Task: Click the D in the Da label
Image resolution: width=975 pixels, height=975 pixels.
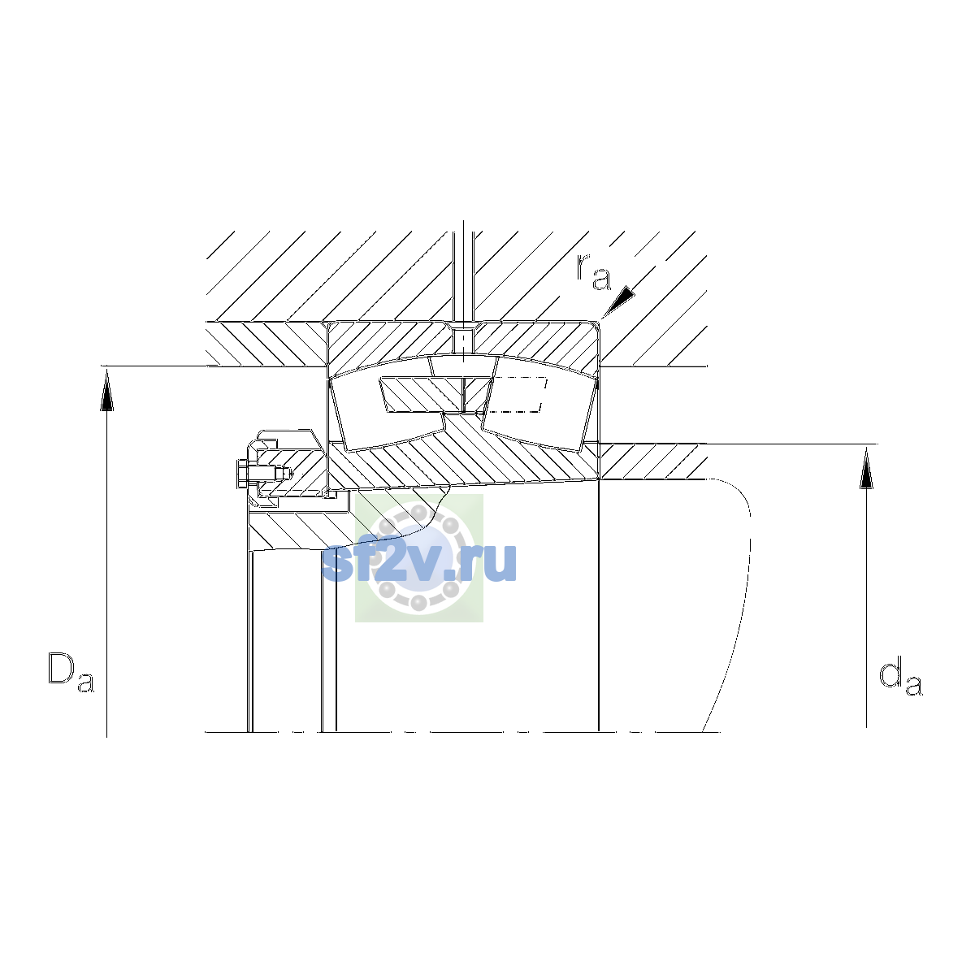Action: [61, 668]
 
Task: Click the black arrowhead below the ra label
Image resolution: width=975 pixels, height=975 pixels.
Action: [618, 301]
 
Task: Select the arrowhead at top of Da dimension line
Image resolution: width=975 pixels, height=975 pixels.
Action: [106, 390]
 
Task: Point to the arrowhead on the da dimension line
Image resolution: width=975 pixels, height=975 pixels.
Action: [866, 467]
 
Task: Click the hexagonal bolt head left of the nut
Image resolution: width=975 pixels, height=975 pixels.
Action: [242, 474]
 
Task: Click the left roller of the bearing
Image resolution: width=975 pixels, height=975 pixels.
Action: [387, 414]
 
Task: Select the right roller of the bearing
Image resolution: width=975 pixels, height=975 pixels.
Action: [539, 414]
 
